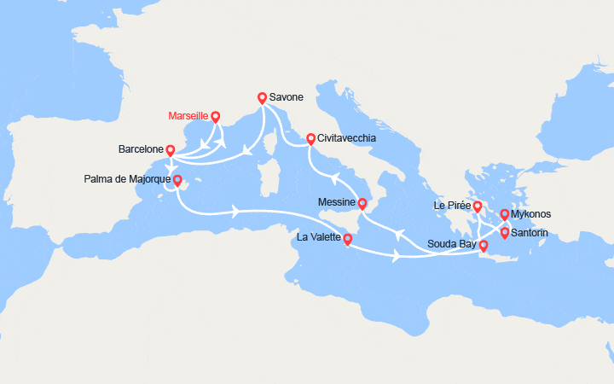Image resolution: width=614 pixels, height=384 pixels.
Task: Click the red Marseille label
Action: point(188,116)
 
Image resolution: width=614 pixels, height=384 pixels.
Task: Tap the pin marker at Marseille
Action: point(215,117)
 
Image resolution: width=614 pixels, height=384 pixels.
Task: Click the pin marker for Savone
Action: point(262,98)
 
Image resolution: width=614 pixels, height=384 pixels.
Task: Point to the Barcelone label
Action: point(142,149)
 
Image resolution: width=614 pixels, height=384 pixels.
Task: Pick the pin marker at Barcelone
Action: point(171,150)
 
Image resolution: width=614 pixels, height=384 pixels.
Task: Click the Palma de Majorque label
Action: point(126,180)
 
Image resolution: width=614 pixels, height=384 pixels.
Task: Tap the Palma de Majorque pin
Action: point(177,181)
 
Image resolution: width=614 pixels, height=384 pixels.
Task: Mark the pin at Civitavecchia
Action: point(311,138)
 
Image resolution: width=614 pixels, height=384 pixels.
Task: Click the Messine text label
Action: point(334,203)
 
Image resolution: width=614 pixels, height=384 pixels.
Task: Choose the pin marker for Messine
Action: point(362,203)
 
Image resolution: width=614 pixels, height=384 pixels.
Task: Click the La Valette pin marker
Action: point(347,240)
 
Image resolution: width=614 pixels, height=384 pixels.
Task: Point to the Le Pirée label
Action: point(451,207)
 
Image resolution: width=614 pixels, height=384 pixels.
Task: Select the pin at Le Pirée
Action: point(478,207)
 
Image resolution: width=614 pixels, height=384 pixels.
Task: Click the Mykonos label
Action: point(532,215)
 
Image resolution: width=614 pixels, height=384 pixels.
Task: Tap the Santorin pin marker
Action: point(505,232)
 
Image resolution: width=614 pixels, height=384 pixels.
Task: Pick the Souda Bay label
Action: point(452,244)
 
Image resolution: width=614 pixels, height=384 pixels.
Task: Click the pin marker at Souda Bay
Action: point(484,246)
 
